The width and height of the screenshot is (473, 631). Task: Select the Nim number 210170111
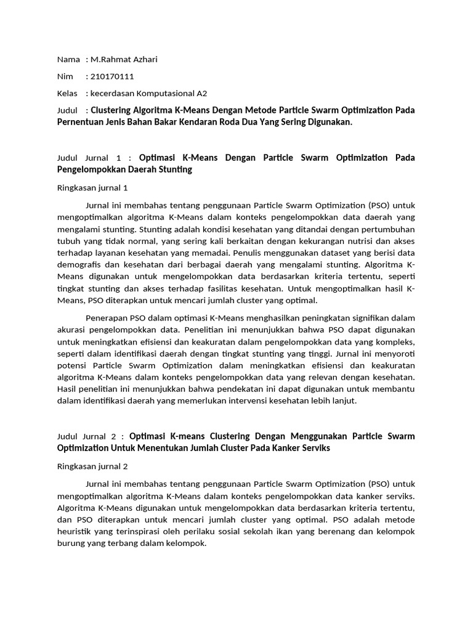click(x=112, y=76)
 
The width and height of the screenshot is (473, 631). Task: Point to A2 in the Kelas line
click(x=201, y=94)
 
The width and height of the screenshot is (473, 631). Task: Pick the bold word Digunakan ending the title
click(x=329, y=122)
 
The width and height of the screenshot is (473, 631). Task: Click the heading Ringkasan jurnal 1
click(x=92, y=187)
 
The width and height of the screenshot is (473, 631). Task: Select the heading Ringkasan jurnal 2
click(x=92, y=466)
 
